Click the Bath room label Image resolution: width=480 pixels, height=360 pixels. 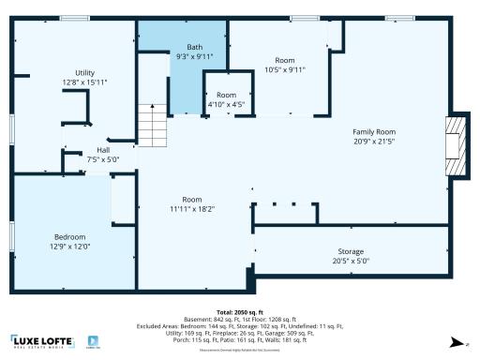(194, 47)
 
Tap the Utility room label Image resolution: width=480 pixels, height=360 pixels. (85, 73)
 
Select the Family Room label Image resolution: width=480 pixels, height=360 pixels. (374, 132)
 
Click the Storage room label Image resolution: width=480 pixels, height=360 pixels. (351, 252)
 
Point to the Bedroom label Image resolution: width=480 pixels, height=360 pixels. (70, 236)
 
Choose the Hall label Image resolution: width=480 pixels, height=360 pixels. (102, 150)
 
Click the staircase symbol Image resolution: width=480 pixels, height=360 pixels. (152, 123)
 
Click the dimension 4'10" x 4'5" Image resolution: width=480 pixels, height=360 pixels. (226, 105)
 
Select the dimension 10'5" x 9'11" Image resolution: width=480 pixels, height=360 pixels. (285, 68)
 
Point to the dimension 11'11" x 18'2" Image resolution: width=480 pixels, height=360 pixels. (192, 209)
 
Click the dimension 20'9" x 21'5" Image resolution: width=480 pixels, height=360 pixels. (374, 142)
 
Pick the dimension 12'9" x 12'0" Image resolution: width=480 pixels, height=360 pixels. (70, 246)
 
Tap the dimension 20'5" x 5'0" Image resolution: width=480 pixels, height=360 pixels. (351, 262)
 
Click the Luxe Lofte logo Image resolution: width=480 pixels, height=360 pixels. (43, 342)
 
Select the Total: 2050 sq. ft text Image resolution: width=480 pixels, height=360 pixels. (239, 311)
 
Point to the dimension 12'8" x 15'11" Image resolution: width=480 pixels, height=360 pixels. (85, 82)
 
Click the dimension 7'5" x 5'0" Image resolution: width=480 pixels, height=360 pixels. (102, 159)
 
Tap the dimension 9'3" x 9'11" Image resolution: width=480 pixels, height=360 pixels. (194, 56)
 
